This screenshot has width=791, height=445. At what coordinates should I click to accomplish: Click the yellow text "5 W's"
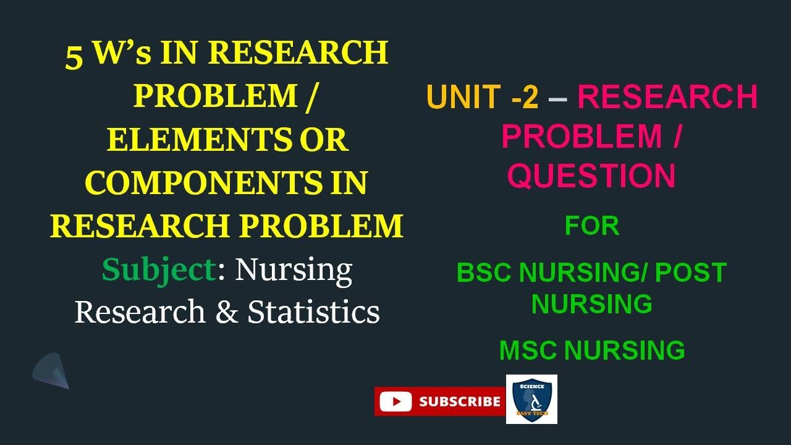tap(108, 54)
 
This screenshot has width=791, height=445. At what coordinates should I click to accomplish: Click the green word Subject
tap(159, 270)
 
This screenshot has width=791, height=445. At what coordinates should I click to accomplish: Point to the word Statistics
tap(313, 312)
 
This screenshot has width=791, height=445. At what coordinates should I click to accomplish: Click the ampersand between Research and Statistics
tap(226, 312)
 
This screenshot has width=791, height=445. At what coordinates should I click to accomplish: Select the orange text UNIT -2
tap(482, 97)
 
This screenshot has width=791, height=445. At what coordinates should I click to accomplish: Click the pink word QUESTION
tap(591, 176)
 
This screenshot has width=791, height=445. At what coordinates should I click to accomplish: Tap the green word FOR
tap(591, 226)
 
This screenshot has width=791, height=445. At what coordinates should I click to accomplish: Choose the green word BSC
tap(485, 273)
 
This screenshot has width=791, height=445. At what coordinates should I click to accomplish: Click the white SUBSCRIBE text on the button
tap(460, 402)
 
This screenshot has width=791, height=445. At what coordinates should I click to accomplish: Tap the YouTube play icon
tap(395, 402)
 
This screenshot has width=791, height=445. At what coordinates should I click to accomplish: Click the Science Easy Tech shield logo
tap(531, 399)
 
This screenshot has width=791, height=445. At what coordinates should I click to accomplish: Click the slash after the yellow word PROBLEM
tap(308, 96)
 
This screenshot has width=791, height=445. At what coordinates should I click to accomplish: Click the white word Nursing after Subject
tap(294, 270)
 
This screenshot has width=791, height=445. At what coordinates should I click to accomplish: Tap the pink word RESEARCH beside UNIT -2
tap(667, 97)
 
